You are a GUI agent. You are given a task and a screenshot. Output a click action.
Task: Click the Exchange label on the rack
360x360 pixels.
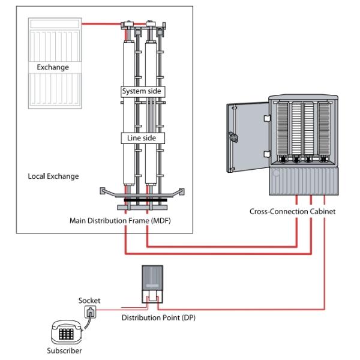(52, 67)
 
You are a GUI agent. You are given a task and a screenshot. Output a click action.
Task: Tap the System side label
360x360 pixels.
(143, 91)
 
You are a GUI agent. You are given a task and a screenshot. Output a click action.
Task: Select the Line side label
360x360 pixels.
(143, 138)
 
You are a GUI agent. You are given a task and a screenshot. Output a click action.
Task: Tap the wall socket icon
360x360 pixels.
(90, 312)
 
